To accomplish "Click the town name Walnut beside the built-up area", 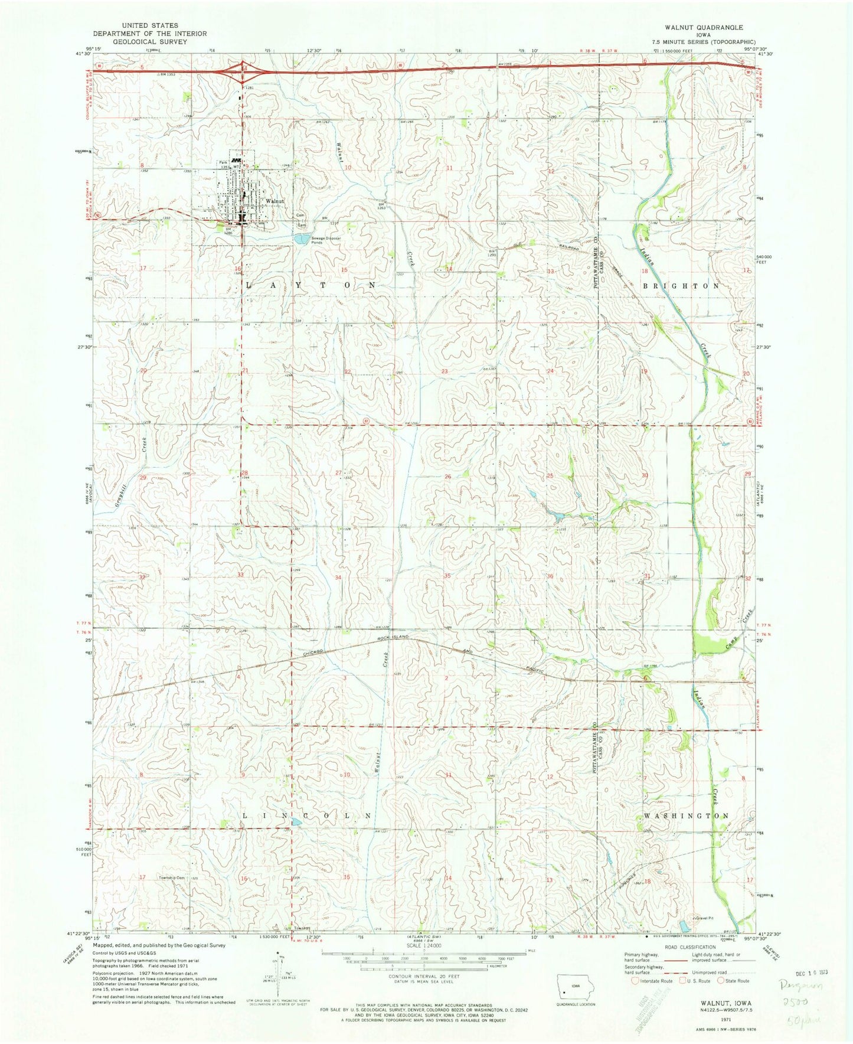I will click(x=275, y=201).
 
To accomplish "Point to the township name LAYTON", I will click(x=309, y=285).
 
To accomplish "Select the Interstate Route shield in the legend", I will click(x=635, y=981).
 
